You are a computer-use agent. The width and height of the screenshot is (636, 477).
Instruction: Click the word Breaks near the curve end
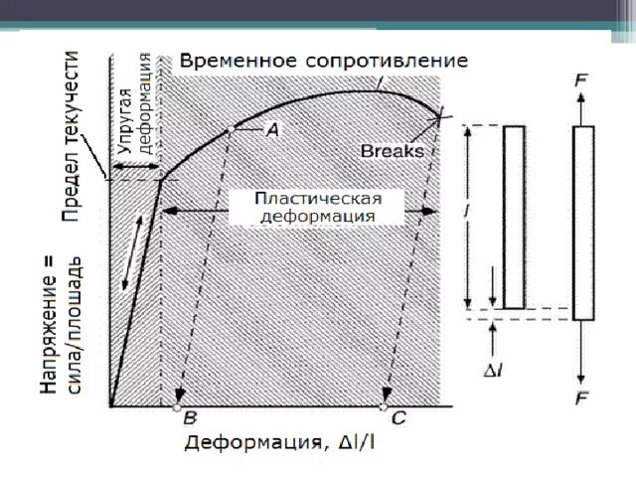(392, 152)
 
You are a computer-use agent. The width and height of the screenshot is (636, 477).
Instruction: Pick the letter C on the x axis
(397, 418)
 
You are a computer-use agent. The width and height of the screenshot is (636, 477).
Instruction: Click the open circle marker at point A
(231, 129)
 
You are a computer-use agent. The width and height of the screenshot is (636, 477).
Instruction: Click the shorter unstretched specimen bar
(514, 217)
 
